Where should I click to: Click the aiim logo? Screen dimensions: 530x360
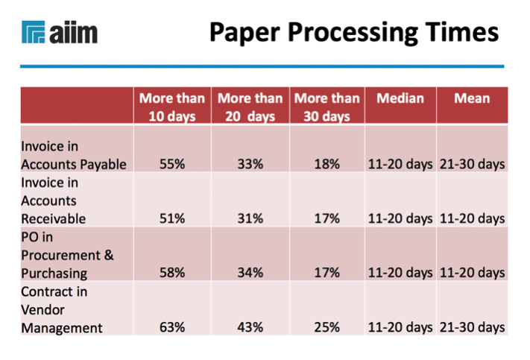pyautogui.click(x=60, y=32)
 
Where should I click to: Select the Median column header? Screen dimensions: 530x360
pyautogui.click(x=400, y=98)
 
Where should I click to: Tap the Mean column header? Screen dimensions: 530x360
pyautogui.click(x=472, y=98)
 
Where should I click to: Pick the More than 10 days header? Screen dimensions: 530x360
pyautogui.click(x=172, y=107)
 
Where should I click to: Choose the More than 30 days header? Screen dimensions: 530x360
pyautogui.click(x=326, y=107)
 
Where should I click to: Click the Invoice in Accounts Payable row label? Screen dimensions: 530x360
pyautogui.click(x=73, y=156)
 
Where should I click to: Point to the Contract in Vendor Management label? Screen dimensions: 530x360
pyautogui.click(x=62, y=309)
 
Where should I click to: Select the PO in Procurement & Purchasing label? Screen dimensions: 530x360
pyautogui.click(x=67, y=255)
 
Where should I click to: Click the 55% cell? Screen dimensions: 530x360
pyautogui.click(x=172, y=164)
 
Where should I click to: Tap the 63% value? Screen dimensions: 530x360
pyautogui.click(x=172, y=327)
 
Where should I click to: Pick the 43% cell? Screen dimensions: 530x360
pyautogui.click(x=250, y=327)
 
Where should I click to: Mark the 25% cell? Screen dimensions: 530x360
pyautogui.click(x=326, y=327)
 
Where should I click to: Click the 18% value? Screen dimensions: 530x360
pyautogui.click(x=326, y=164)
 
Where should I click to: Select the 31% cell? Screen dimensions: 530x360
pyautogui.click(x=250, y=218)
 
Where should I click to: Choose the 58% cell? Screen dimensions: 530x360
pyautogui.click(x=172, y=273)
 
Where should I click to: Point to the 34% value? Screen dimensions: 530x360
pyautogui.click(x=250, y=273)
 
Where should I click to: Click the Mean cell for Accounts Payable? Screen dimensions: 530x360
pyautogui.click(x=472, y=164)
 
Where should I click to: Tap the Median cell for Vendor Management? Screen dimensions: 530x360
pyautogui.click(x=400, y=327)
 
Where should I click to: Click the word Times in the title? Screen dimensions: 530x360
pyautogui.click(x=461, y=32)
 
